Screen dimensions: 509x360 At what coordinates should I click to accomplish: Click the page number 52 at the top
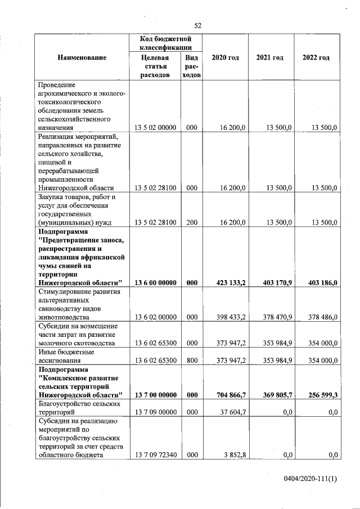click(197, 25)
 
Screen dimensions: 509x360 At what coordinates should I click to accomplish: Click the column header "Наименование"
click(82, 57)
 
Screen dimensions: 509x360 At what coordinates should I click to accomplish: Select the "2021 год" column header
click(269, 57)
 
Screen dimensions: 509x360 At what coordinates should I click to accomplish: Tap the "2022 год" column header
click(316, 57)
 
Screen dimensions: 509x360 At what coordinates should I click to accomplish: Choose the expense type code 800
click(191, 359)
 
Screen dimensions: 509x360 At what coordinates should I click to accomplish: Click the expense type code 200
click(191, 222)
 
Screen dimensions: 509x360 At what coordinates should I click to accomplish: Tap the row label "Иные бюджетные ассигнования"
click(66, 355)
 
